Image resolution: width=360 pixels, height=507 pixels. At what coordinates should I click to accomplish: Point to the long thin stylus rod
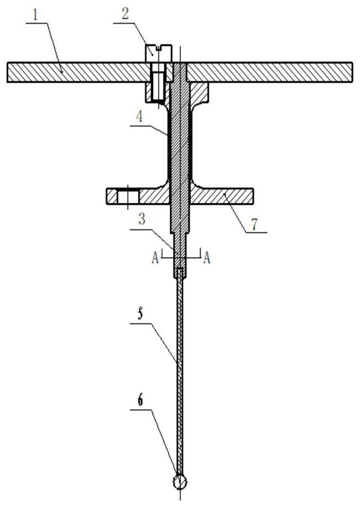pyautogui.click(x=180, y=372)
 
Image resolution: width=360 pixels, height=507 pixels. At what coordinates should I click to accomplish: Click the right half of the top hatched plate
pyautogui.click(x=269, y=71)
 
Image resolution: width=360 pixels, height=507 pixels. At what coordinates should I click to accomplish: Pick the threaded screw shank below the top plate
pyautogui.click(x=157, y=90)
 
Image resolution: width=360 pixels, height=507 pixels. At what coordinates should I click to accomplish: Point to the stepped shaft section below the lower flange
pyautogui.click(x=180, y=240)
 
